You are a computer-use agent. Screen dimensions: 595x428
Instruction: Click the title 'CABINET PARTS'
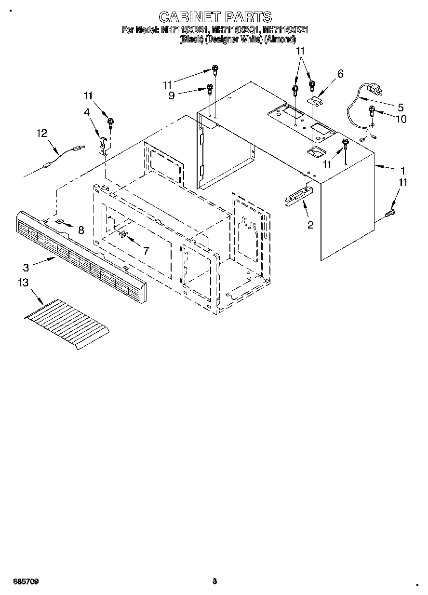215,18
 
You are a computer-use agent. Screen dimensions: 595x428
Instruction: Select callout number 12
42,133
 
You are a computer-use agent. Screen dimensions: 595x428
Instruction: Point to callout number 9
172,95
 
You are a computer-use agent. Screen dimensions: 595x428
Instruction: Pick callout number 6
340,74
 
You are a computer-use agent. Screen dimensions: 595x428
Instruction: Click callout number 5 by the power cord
400,107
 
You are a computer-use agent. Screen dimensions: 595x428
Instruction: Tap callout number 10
401,119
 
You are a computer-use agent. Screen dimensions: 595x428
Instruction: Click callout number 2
310,224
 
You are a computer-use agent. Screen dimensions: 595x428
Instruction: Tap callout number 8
80,230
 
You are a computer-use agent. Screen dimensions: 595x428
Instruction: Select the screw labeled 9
210,88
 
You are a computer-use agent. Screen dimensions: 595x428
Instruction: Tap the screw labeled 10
372,111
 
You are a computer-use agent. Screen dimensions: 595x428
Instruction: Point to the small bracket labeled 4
103,145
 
